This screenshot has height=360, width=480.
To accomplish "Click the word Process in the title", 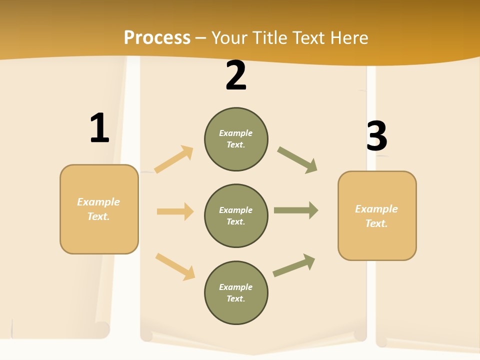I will click(157, 38).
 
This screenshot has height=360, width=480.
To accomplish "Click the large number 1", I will click(99, 128).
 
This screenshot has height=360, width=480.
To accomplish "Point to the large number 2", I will click(236, 76).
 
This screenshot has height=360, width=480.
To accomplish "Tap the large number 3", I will click(377, 136).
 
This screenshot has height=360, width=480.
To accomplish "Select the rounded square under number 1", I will click(99, 209).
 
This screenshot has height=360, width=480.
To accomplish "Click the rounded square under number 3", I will click(377, 215).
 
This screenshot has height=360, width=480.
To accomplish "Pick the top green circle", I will click(236, 139).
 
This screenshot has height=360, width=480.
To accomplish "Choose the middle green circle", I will click(236, 215).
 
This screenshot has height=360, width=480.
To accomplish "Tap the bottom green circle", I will click(236, 292).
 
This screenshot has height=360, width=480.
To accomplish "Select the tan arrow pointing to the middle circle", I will click(175, 211).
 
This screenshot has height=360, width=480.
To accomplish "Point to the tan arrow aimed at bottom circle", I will click(175, 266).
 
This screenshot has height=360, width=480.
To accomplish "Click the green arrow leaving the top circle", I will click(297, 160).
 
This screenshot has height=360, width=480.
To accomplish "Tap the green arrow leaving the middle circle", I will click(296, 210).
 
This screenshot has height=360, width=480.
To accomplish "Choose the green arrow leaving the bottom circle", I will click(294, 265).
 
